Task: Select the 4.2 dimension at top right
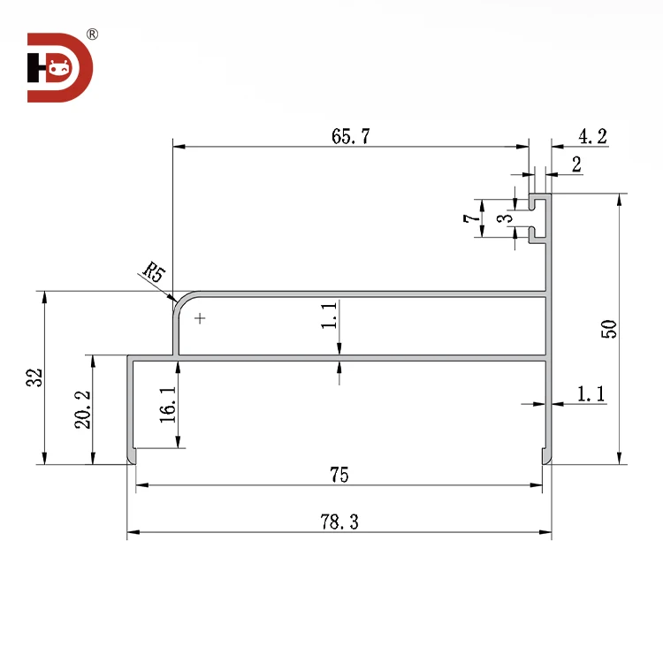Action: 592,136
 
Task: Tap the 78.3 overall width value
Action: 339,522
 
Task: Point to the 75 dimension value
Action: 339,476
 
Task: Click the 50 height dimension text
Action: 609,329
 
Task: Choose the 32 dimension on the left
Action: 34,377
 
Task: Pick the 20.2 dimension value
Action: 81,410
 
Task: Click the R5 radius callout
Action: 153,271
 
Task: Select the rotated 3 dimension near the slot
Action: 502,218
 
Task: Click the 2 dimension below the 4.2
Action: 576,164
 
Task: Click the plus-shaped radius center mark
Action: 201,317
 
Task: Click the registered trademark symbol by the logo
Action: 93,35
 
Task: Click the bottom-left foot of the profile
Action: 132,456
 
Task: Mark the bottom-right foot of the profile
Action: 546,456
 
